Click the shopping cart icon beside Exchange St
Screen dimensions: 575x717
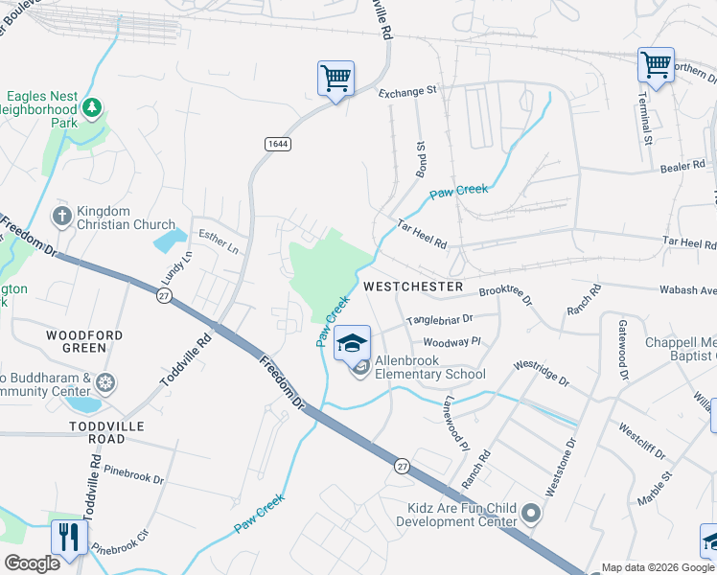pos(335,78)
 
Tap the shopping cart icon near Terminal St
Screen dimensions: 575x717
pos(656,65)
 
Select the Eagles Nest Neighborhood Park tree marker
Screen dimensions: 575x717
pos(92,107)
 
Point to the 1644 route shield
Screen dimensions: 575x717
pos(278,143)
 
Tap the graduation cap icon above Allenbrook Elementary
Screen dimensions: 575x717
pos(352,342)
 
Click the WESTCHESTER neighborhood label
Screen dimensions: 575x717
pos(413,287)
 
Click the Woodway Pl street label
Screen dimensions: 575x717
pos(450,341)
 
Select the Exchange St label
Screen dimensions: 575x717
pos(407,92)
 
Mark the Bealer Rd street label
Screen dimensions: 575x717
pos(682,167)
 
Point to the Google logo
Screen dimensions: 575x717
pos(32,563)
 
